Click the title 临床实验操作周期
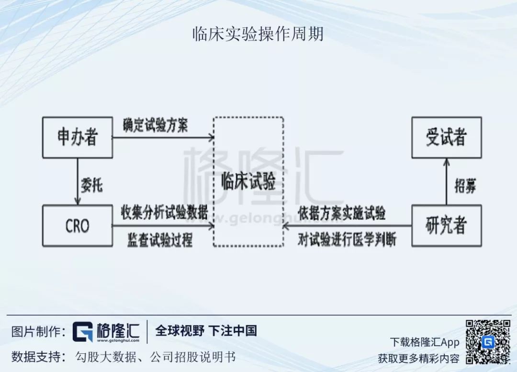click(x=258, y=34)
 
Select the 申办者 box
click(x=78, y=137)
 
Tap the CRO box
click(x=78, y=226)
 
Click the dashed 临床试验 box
click(x=248, y=182)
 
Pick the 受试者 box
click(x=446, y=137)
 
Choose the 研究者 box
click(x=446, y=226)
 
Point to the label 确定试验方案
click(x=155, y=125)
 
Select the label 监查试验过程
click(x=160, y=239)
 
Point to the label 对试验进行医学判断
click(x=347, y=239)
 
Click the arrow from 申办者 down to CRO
click(x=77, y=182)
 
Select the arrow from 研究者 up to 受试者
click(x=446, y=182)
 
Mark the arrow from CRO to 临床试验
click(x=163, y=225)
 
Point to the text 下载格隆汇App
click(x=424, y=342)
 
